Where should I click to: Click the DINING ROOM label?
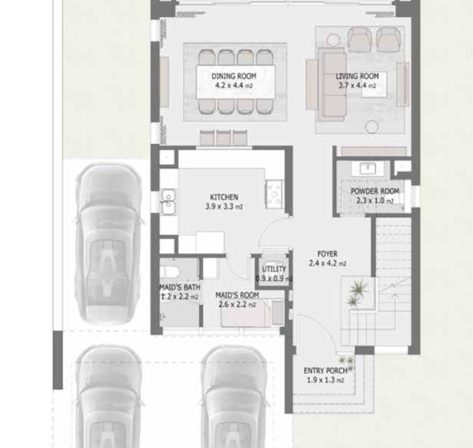pos(234,76)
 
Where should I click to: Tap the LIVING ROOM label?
pos(357,76)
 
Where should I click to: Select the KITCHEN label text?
pos(224,197)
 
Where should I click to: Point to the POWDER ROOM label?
pos(375,191)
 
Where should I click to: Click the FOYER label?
pos(327,253)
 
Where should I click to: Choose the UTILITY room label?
pos(274,269)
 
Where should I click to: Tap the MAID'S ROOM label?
pos(237,295)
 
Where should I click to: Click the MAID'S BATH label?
pos(180,287)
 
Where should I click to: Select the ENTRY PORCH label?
pos(326,370)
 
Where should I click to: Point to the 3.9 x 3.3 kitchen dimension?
pos(224,207)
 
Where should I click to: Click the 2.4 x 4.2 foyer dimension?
pos(327,263)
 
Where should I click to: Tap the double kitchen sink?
pos(169,202)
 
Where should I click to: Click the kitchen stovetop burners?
pos(275,195)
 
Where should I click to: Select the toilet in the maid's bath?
pos(169,272)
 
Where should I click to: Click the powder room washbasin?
pos(368,168)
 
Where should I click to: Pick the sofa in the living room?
pos(332,84)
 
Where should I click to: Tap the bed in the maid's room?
pos(245,313)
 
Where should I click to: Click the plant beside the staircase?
pos(358,292)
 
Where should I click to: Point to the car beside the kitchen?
pos(108,244)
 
